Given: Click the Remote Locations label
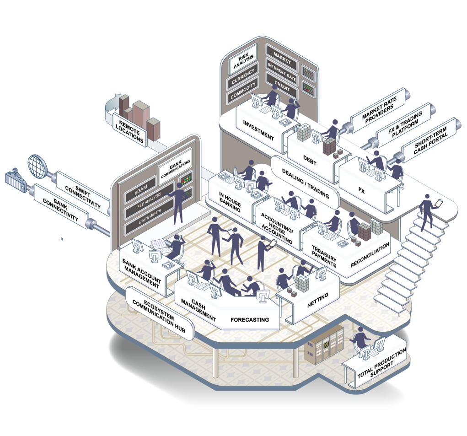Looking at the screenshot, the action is point(130,131).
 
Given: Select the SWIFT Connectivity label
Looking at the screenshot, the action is point(82,193).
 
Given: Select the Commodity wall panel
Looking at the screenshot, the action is point(243,90).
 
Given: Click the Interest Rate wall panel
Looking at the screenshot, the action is point(281,73).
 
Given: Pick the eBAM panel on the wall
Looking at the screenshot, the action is point(140,189).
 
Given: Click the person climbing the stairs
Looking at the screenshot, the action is point(427,212).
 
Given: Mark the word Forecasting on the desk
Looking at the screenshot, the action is point(250,319).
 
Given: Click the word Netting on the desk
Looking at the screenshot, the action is point(317,300).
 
